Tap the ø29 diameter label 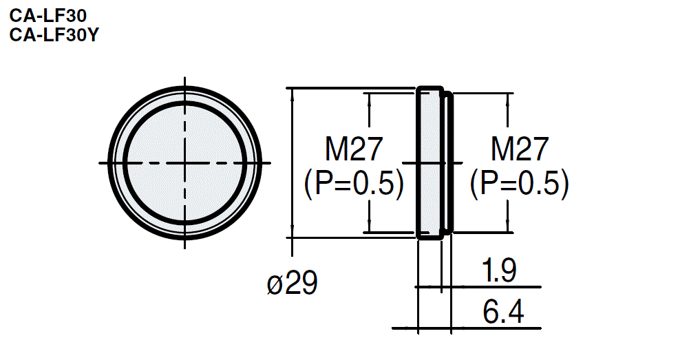click(x=293, y=284)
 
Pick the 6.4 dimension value click(x=502, y=313)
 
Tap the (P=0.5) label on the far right click(x=519, y=184)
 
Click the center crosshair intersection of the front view click(x=184, y=163)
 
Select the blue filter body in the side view click(x=430, y=163)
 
